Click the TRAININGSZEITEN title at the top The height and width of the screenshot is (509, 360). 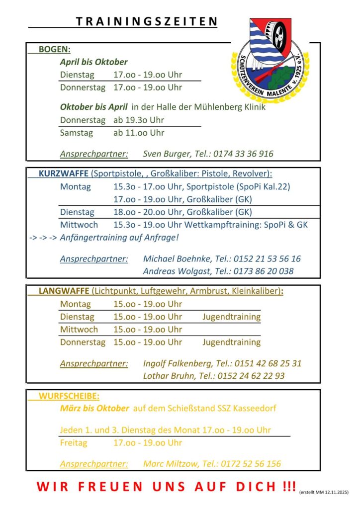point(147,21)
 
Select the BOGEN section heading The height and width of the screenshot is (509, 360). point(54,49)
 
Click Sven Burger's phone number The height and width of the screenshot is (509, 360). point(244,154)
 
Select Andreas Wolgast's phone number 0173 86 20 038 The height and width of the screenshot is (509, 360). point(265,271)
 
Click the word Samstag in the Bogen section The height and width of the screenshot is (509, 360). point(77,133)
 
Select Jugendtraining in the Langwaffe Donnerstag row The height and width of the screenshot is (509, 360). point(231,342)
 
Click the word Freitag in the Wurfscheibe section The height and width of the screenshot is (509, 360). point(74,442)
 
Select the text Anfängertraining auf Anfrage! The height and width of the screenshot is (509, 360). point(119,237)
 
